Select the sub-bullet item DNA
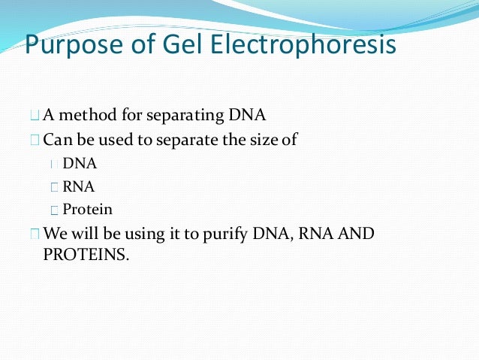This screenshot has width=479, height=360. click(80, 163)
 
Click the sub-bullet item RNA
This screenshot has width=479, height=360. click(79, 186)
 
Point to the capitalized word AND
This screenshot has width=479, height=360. click(357, 233)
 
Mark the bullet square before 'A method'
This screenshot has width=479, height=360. click(34, 116)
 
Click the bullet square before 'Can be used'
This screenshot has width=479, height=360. click(34, 140)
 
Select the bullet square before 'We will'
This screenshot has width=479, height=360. click(34, 234)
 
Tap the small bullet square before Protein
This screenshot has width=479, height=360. click(55, 210)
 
